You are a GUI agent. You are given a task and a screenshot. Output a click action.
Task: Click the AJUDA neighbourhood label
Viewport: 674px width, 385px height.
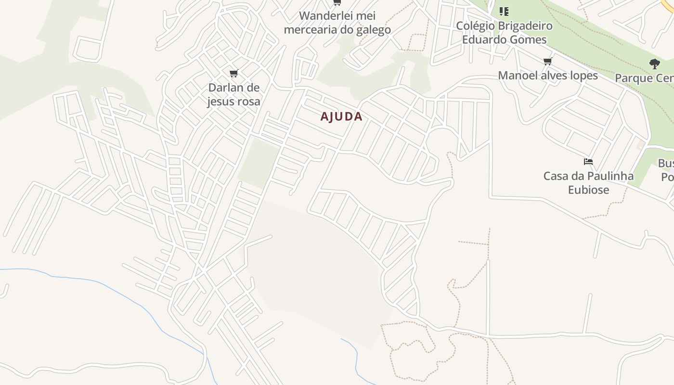pos(341,116)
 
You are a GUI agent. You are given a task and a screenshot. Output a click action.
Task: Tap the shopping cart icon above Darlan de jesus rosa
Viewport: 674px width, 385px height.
pos(233,74)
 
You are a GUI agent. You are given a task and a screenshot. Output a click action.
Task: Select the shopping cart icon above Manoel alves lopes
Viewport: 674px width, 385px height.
pos(547,61)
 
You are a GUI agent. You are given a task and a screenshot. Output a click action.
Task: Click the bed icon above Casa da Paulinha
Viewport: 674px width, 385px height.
pos(588,162)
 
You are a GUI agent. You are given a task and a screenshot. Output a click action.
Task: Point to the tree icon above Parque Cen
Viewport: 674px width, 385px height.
pos(654,64)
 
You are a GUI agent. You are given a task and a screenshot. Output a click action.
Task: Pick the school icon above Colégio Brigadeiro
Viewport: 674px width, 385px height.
pos(504,11)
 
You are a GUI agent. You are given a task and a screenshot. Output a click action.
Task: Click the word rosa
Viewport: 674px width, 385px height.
pos(249,102)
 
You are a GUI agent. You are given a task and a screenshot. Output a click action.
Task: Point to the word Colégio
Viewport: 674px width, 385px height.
pos(474,26)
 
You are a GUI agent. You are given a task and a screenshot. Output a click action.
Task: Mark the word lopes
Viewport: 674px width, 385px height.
pos(583,76)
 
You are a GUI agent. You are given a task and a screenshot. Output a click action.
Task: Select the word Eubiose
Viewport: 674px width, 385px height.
pos(588,190)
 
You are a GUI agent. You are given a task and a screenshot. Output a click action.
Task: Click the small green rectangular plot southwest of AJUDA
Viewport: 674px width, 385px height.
pos(259,163)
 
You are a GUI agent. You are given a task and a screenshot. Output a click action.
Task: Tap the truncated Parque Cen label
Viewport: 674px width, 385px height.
pos(644,78)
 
